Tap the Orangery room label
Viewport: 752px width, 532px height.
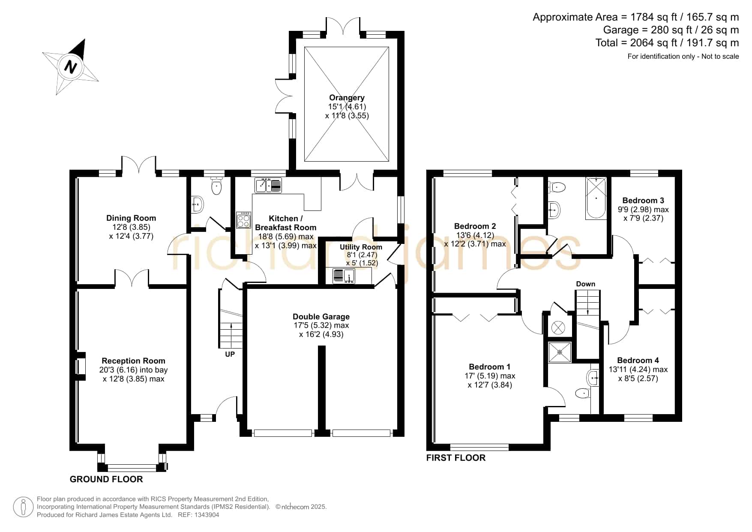pos(347,98)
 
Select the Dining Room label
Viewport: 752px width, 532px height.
pos(131,218)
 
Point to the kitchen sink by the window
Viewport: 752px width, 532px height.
pos(268,185)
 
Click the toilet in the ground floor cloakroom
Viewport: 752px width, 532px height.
pos(217,186)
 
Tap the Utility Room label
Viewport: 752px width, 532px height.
pos(361,247)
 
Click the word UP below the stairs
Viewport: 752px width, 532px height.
pos(230,354)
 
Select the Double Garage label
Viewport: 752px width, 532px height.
pos(321,317)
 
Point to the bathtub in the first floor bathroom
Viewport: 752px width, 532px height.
pos(596,198)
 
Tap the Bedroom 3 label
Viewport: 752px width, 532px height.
pos(643,200)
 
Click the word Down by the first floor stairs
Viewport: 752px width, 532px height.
pos(586,284)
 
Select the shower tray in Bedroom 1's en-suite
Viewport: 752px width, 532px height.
pos(560,352)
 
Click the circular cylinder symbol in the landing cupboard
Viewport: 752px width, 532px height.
pos(558,328)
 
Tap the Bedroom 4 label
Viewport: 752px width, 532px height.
pos(638,361)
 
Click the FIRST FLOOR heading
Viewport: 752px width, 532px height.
pos(456,458)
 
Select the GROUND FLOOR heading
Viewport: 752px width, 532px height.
pos(106,479)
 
